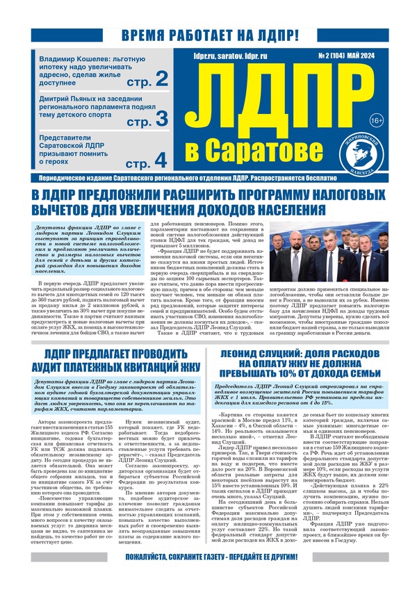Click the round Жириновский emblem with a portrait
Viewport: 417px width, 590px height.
coord(378,152)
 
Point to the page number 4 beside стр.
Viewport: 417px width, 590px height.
coord(161,159)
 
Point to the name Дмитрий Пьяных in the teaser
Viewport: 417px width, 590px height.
coord(69,100)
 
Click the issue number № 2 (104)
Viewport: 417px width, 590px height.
coord(333,53)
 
